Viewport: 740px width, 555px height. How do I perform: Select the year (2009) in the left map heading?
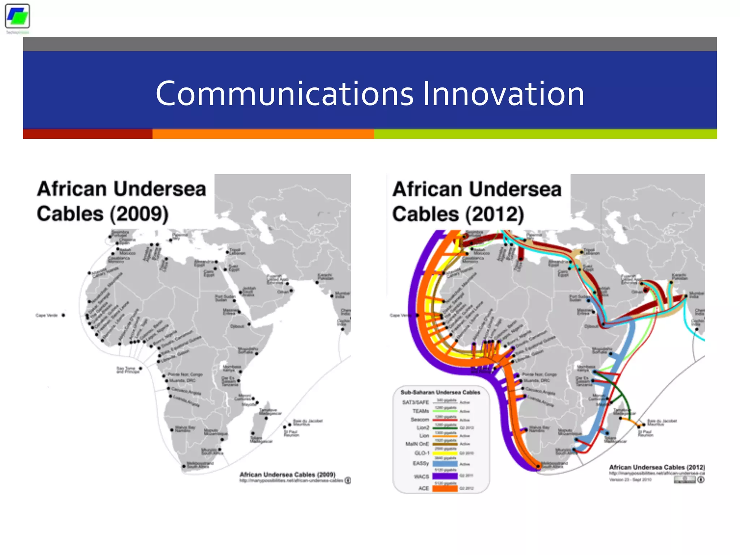click(139, 214)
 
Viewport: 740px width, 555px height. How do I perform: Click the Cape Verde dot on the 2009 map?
click(64, 315)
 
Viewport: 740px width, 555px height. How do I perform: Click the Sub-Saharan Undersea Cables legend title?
click(440, 392)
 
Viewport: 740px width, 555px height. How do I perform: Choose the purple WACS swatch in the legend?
click(445, 476)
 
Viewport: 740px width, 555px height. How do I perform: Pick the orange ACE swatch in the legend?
click(445, 488)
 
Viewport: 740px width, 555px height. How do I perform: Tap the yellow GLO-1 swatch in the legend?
click(445, 453)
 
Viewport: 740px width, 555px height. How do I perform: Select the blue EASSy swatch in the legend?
click(445, 464)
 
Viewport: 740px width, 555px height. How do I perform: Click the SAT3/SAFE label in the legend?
click(416, 402)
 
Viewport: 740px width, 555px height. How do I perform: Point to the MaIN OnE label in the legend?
click(417, 444)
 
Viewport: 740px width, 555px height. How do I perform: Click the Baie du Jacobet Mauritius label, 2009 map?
click(307, 422)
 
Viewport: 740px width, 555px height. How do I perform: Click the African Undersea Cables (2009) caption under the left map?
click(287, 474)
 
